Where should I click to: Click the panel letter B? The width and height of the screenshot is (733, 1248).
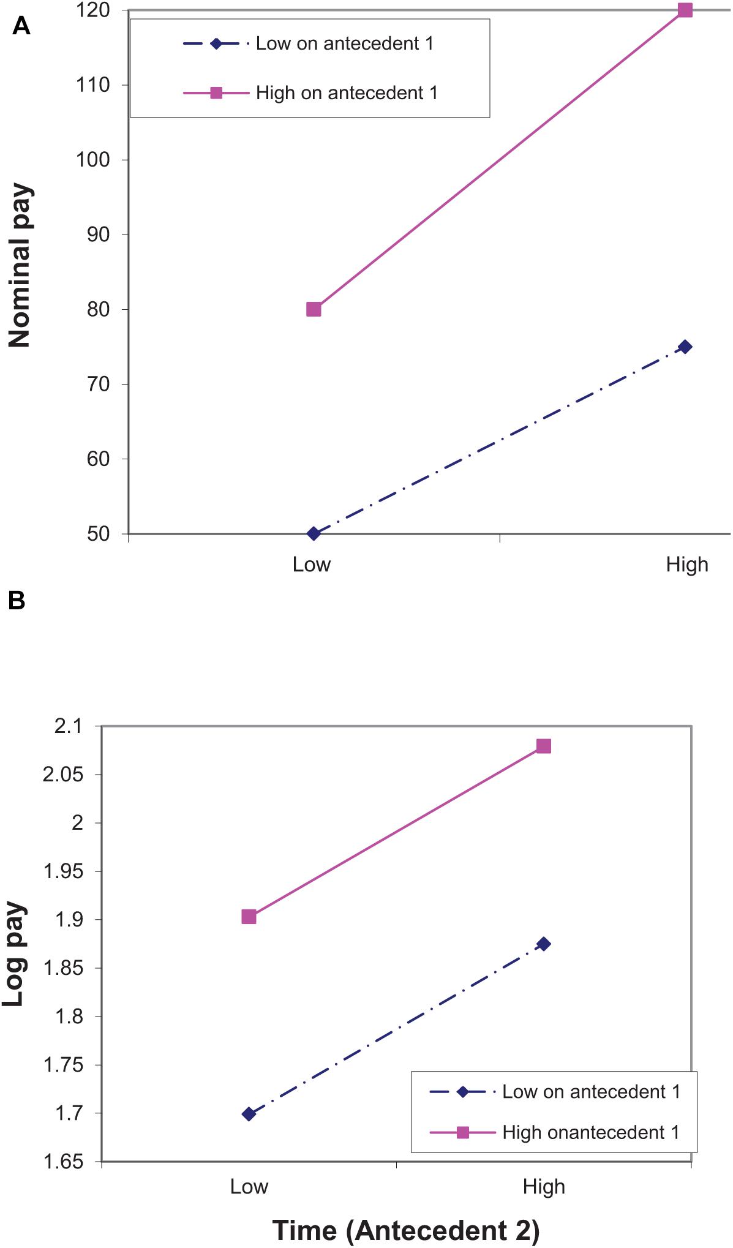pos(17,601)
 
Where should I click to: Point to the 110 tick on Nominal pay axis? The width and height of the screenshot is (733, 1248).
pos(94,85)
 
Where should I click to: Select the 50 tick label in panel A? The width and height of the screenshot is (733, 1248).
pos(99,534)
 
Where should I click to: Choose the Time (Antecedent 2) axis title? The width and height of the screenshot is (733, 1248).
pos(405,1230)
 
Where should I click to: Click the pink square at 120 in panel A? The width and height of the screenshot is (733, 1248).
pos(685,10)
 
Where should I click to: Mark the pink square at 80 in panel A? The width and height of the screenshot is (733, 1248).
pos(314,309)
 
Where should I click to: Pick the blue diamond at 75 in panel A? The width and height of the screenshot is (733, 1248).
pos(685,347)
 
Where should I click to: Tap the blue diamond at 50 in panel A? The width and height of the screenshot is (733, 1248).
pos(314,533)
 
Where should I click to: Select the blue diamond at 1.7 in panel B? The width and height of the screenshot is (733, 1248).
pos(249,1114)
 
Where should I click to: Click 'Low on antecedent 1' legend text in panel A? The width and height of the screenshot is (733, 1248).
pos(345,43)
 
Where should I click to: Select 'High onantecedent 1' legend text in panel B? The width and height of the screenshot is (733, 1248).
pos(591,1132)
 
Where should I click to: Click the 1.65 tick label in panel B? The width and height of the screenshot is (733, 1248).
pos(64,1162)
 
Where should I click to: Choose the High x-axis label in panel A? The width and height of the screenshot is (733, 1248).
pos(687,565)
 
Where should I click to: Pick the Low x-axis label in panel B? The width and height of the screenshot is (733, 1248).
pos(249,1187)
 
